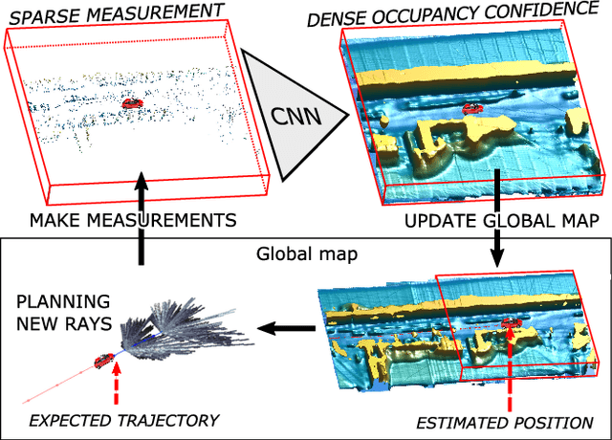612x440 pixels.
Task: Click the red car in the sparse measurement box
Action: [x=132, y=102]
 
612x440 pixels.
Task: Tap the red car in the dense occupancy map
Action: [x=472, y=110]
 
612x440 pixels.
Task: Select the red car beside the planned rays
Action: [x=102, y=360]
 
